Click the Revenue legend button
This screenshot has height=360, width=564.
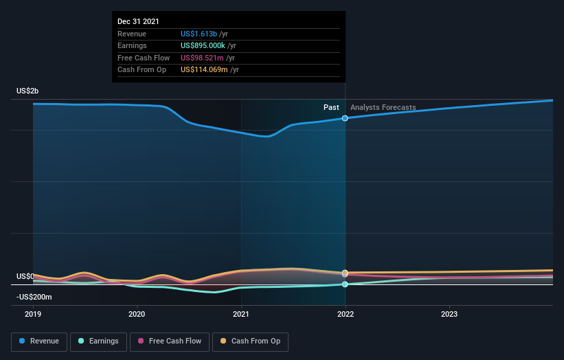pos(40,341)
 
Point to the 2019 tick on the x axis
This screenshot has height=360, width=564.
pos(33,314)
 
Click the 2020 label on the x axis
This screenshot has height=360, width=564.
pos(137,314)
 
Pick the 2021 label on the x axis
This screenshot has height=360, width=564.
pos(241,314)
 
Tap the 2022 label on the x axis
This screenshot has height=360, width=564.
pos(345,314)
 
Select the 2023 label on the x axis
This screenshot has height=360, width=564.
pos(449,314)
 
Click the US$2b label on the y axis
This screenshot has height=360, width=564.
pos(28,91)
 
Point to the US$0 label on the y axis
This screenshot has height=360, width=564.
pos(25,276)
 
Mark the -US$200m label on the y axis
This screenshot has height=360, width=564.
pos(34,297)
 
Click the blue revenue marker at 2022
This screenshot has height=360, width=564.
pos(345,118)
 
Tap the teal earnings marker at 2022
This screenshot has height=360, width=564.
pos(345,284)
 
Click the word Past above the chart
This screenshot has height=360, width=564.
pos(331,108)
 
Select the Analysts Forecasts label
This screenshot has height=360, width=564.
pos(383,108)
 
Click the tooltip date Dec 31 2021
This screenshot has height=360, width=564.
pos(138,21)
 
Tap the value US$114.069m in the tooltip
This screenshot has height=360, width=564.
pos(205,69)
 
